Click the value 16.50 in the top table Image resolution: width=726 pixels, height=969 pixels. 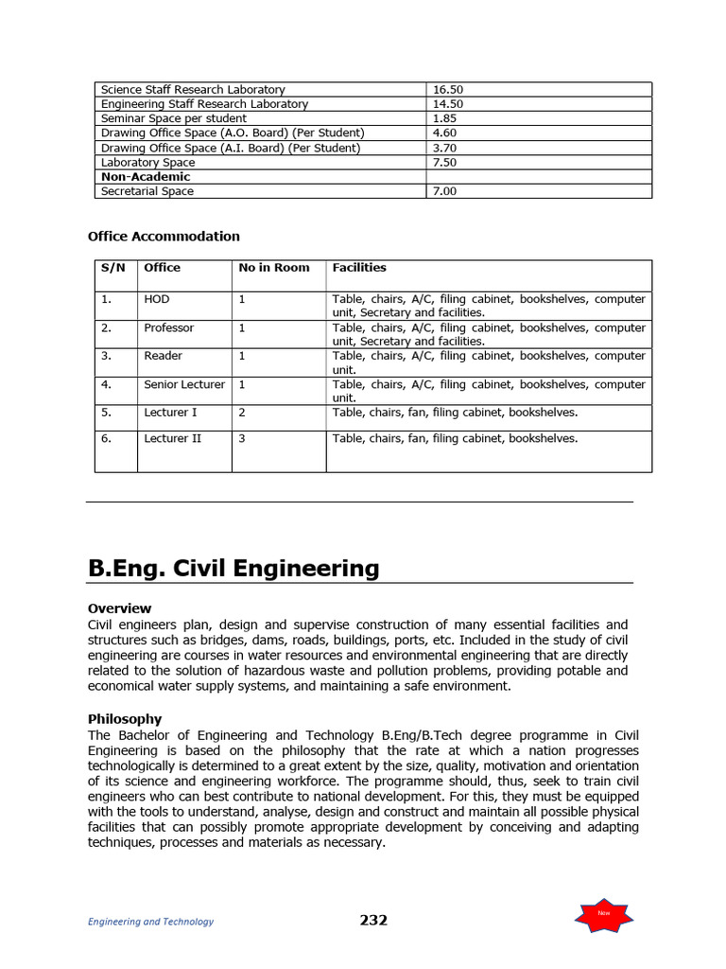448,90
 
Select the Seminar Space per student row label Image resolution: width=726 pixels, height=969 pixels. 173,118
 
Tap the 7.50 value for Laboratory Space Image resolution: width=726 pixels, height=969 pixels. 444,162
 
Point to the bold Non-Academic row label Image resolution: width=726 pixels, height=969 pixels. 146,176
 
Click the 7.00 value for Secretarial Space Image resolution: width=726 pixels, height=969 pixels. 444,191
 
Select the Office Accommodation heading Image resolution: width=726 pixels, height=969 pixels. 164,237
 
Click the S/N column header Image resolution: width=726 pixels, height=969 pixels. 113,268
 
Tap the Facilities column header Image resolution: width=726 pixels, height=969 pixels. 359,268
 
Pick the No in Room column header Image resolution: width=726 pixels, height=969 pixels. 274,268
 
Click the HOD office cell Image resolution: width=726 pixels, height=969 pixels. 157,299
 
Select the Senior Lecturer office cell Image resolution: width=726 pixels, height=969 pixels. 184,384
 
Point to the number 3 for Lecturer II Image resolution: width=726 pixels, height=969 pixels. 242,438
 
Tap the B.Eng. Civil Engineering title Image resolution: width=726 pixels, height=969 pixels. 233,568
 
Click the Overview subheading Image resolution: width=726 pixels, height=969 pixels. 119,608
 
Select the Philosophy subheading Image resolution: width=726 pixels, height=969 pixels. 124,719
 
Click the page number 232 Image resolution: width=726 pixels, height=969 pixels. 373,920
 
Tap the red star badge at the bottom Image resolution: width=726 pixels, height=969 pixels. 603,913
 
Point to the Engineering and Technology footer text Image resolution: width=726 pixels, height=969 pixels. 150,922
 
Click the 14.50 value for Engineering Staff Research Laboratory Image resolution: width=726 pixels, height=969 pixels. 448,104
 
